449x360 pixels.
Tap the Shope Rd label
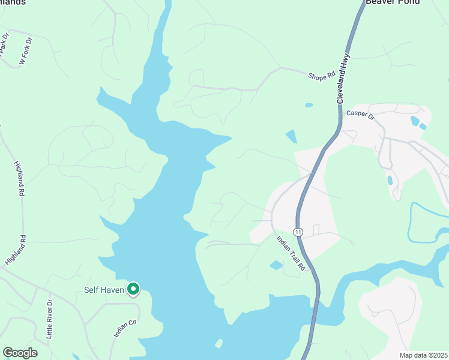[x=321, y=76]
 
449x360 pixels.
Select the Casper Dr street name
[x=360, y=114]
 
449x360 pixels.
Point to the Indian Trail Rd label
[x=291, y=253]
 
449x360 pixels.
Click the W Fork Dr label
[x=25, y=51]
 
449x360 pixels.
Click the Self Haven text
[x=104, y=290]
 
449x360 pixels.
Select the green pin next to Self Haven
[x=133, y=289]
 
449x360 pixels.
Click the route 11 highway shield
[x=298, y=232]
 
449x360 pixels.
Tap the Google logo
[x=20, y=353]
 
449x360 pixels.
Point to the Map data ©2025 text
[x=423, y=355]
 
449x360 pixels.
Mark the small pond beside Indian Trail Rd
[x=276, y=265]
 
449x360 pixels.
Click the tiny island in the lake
[x=218, y=344]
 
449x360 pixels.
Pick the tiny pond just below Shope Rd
[x=309, y=105]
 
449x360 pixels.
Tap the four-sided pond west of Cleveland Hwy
[x=291, y=136]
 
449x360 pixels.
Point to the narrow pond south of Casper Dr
[x=391, y=179]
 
